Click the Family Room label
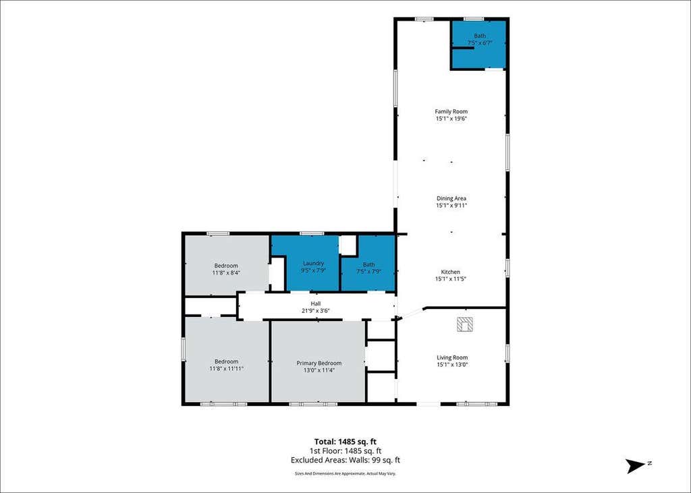click(x=451, y=111)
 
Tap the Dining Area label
click(x=451, y=198)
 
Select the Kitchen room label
click(x=450, y=272)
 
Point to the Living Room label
click(x=452, y=357)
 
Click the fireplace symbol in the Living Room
click(x=465, y=324)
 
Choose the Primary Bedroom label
click(x=319, y=363)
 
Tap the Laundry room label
click(x=313, y=263)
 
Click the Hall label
click(x=316, y=303)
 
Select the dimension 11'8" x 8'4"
click(x=226, y=272)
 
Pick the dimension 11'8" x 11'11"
click(x=227, y=368)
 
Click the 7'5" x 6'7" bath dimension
click(x=480, y=42)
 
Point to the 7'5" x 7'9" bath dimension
click(x=368, y=271)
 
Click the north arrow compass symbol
click(x=634, y=465)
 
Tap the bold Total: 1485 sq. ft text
click(x=345, y=442)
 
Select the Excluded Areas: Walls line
click(x=345, y=461)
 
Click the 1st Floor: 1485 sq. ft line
click(x=345, y=451)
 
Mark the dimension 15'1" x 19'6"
click(x=451, y=119)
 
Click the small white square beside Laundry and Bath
click(x=348, y=245)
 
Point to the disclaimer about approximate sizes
click(x=345, y=473)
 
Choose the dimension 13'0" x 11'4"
click(x=319, y=370)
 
